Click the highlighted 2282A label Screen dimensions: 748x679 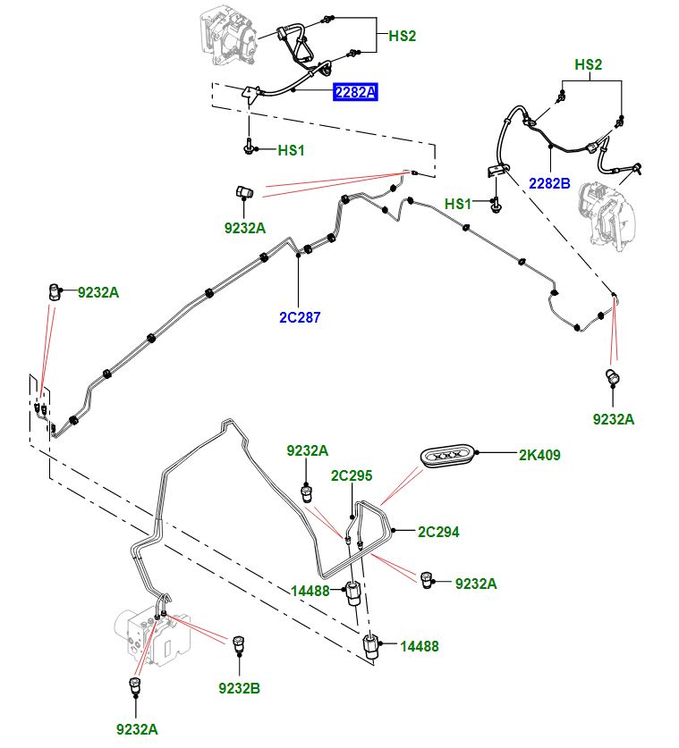(355, 91)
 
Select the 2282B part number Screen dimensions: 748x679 (549, 183)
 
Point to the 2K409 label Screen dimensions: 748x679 (539, 455)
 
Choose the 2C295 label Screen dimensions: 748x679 (352, 475)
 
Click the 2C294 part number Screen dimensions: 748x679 (438, 532)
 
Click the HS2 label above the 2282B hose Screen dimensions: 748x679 (588, 64)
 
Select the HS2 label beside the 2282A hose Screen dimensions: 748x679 (403, 36)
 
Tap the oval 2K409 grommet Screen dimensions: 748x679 (446, 456)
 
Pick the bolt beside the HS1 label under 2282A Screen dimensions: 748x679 (248, 147)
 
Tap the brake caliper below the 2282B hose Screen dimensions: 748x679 (608, 214)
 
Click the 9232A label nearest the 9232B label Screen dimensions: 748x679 (139, 728)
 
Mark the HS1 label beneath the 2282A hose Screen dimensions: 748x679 (292, 150)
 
